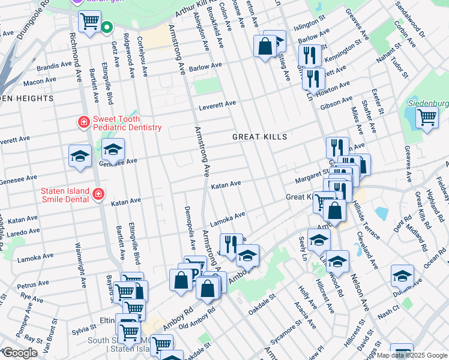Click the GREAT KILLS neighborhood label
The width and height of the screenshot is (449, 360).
(x=260, y=137)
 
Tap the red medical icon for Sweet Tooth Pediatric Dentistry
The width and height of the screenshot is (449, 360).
(x=84, y=122)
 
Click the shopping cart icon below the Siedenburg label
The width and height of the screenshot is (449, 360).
(x=427, y=118)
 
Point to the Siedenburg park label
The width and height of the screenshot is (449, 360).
(x=428, y=103)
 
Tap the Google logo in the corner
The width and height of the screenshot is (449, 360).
(x=19, y=353)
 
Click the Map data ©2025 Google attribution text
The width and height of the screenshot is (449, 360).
(x=412, y=355)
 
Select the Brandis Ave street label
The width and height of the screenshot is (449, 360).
(x=54, y=65)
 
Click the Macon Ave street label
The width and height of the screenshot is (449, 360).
(x=40, y=81)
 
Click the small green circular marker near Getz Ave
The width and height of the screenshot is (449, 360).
(x=106, y=26)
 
